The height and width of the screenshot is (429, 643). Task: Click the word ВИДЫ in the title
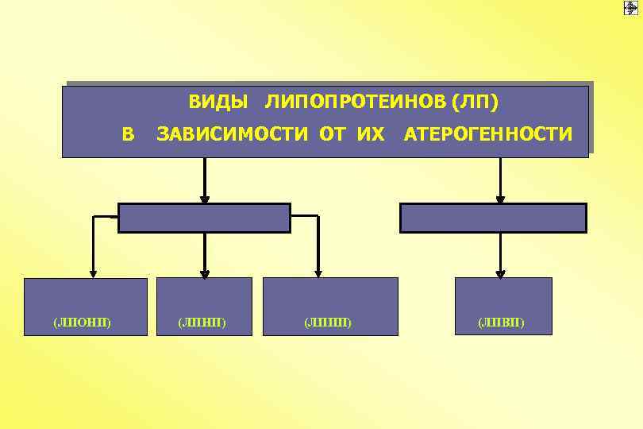point(217,102)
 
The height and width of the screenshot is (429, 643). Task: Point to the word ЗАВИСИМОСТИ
point(234,134)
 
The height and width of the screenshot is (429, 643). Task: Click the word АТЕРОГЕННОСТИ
point(487,134)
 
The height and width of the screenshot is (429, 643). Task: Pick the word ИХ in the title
point(371,134)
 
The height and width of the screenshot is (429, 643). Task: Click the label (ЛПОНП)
point(83,323)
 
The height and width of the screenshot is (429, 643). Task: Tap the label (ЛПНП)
point(202,323)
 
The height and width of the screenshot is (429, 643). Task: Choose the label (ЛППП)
point(328,323)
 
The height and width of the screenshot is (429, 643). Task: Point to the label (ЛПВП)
point(501,323)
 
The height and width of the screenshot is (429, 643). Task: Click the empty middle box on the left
point(204,218)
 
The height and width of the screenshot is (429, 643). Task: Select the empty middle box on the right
point(493,218)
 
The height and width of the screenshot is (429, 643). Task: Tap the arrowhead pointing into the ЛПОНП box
point(94,272)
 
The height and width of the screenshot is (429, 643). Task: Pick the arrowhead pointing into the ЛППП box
point(318,272)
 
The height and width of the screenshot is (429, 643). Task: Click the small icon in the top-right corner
point(631,7)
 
